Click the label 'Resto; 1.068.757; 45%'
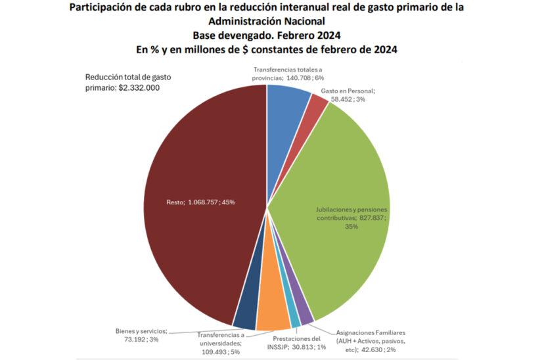coord(200,202)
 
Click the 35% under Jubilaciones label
coord(351,227)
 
